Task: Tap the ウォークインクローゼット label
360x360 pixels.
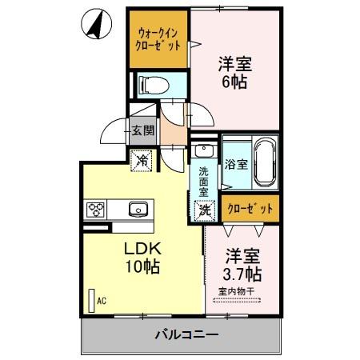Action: pyautogui.click(x=159, y=39)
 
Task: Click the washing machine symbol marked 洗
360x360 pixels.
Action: pyautogui.click(x=204, y=210)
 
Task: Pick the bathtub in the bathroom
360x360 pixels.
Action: pyautogui.click(x=263, y=154)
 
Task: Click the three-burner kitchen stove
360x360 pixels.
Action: pyautogui.click(x=97, y=210)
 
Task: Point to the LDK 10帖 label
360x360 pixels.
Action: pyautogui.click(x=140, y=257)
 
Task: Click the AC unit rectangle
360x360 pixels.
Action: pyautogui.click(x=90, y=301)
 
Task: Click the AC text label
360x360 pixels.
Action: pyautogui.click(x=102, y=302)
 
